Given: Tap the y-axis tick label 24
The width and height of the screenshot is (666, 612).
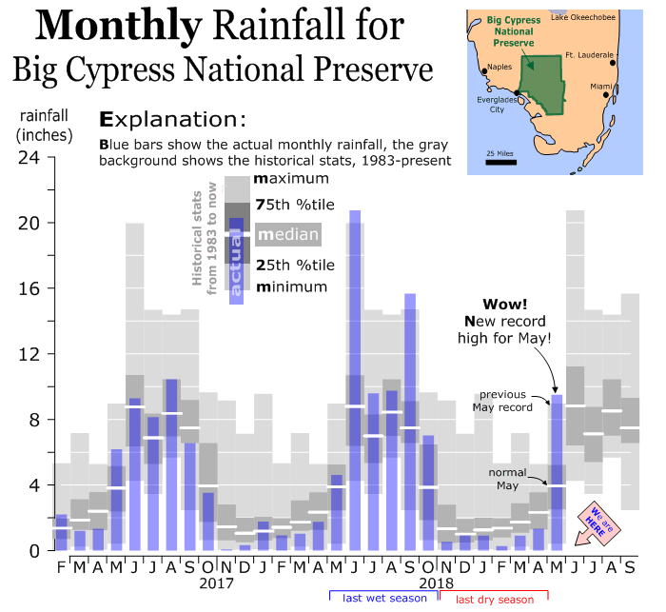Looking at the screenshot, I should coord(28,158).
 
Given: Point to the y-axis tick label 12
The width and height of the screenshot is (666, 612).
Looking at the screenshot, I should coord(28,354).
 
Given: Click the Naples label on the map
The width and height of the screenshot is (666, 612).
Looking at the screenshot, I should coord(499,67).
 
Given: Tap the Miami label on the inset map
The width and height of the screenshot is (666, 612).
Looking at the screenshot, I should coord(599,87).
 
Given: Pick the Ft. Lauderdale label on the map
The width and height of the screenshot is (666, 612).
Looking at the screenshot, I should coord(586,54).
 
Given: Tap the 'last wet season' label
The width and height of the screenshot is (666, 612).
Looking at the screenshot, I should coord(383,599).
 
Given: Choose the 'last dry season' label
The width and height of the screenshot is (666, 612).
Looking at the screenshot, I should coord(494,600).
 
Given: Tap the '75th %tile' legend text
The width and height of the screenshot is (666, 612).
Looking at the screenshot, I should coord(295,205).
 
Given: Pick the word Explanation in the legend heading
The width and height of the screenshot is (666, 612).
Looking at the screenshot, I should coord(172,121).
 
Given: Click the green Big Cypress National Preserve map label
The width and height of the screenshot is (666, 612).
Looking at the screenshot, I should coord(508,30).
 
